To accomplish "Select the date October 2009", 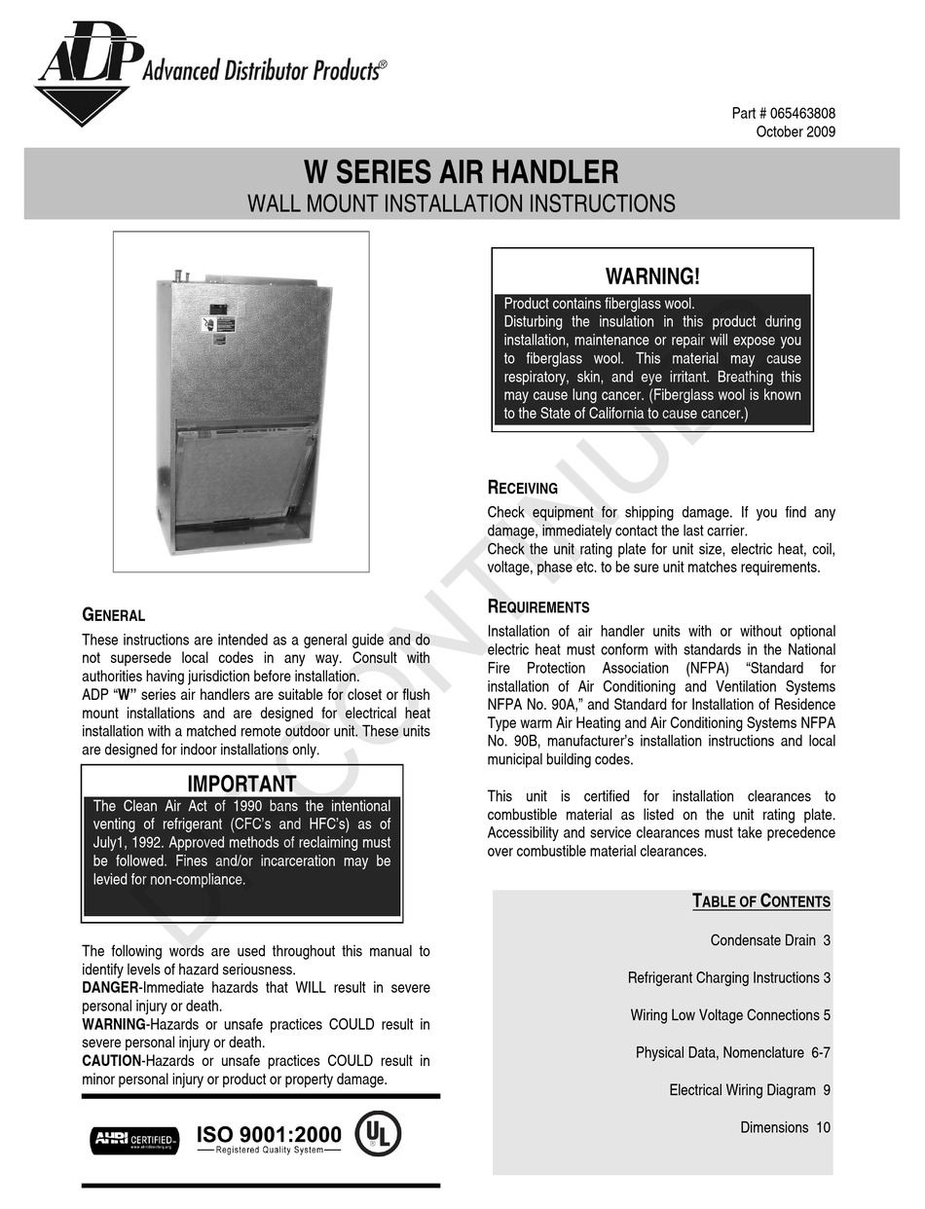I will coord(795,132).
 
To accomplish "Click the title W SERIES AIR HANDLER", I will coord(462,173).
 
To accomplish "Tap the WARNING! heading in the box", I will coord(652,276).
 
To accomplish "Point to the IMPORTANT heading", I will coord(241,785).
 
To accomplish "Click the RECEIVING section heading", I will coord(523,489).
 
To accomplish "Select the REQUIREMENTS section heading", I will coord(538,607).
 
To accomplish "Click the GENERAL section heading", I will coord(113,615).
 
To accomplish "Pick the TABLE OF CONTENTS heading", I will coord(761,901).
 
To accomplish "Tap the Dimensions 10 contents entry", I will coord(785,1127).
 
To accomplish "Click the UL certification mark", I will coord(378,1134).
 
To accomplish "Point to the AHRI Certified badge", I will coord(134,1139).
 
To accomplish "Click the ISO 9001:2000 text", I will coord(269,1134).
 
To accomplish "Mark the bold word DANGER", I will coord(111,988).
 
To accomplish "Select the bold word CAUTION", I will coord(111,1061).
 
